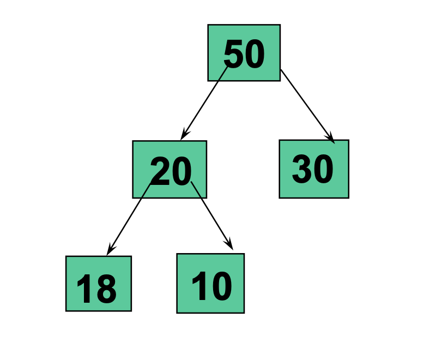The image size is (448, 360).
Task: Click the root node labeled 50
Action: (x=244, y=53)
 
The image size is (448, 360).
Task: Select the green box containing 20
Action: (x=169, y=169)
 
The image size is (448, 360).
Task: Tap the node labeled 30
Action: (x=313, y=169)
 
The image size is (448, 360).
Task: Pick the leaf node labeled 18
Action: (x=98, y=283)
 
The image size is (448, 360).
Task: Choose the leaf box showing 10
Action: (x=210, y=283)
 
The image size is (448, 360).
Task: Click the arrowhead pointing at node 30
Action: (x=330, y=139)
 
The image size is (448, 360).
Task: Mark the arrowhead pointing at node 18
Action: (x=110, y=250)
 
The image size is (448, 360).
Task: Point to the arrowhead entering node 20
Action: (x=184, y=134)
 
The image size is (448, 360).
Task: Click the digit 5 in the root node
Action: (x=234, y=55)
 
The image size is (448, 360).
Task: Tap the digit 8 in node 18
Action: (x=106, y=290)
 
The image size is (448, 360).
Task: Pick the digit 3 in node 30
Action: (x=302, y=170)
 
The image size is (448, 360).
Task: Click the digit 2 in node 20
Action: (x=160, y=172)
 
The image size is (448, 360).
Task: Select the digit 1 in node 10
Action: (x=198, y=286)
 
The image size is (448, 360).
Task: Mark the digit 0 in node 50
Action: (x=254, y=55)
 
